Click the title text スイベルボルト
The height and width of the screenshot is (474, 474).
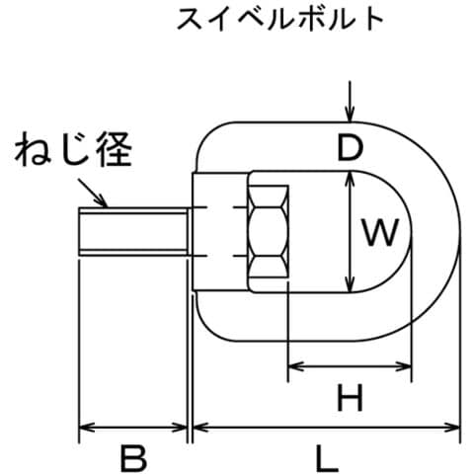pyautogui.click(x=280, y=19)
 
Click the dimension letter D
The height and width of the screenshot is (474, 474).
pyautogui.click(x=351, y=148)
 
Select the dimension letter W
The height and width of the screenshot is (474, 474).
pyautogui.click(x=380, y=232)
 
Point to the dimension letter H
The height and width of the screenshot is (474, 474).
pyautogui.click(x=351, y=398)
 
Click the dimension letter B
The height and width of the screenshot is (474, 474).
pyautogui.click(x=133, y=457)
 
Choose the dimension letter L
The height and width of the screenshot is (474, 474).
pyautogui.click(x=326, y=457)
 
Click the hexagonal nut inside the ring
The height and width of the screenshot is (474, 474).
pyautogui.click(x=268, y=232)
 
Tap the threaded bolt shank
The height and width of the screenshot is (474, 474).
pyautogui.click(x=133, y=232)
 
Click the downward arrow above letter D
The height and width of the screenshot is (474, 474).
pyautogui.click(x=351, y=102)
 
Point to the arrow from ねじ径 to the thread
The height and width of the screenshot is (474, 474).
pyautogui.click(x=93, y=193)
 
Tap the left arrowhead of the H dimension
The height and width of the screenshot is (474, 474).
pyautogui.click(x=295, y=366)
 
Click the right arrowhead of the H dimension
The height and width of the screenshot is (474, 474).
pyautogui.click(x=404, y=366)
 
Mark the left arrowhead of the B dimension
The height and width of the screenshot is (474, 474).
pyautogui.click(x=88, y=428)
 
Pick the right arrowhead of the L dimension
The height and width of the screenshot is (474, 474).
pyautogui.click(x=451, y=428)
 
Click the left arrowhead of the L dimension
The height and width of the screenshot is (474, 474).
pyautogui.click(x=200, y=428)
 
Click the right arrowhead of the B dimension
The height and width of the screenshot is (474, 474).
pyautogui.click(x=180, y=428)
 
